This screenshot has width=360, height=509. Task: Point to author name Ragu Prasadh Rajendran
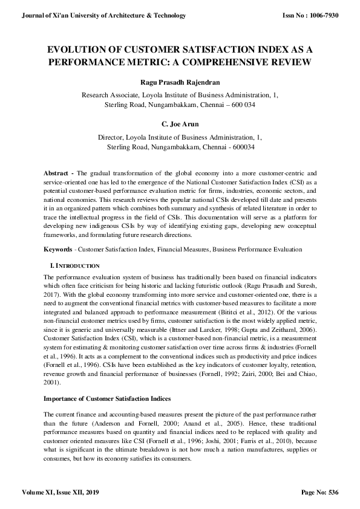[x=180, y=82]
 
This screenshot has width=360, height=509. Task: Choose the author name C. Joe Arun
[x=180, y=125]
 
